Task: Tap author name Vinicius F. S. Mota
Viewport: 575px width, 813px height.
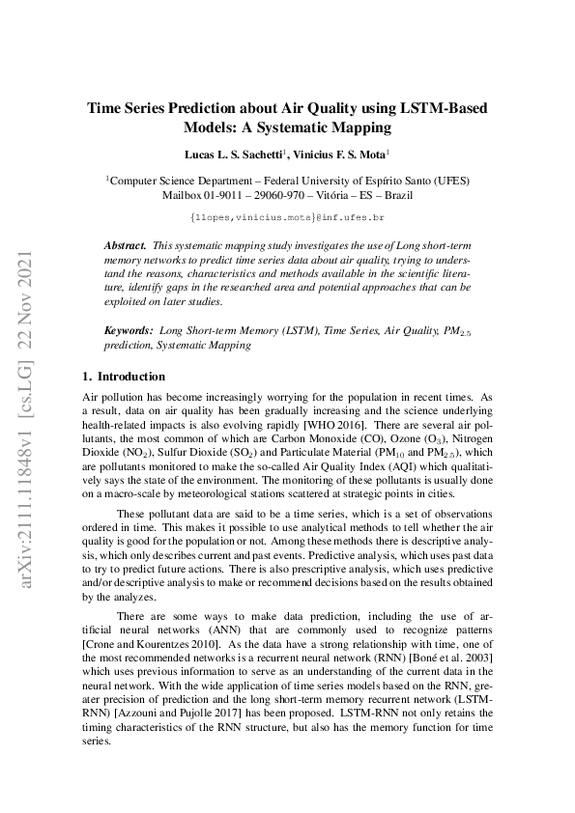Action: pos(346,154)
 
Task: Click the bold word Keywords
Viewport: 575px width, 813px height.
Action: pos(129,330)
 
